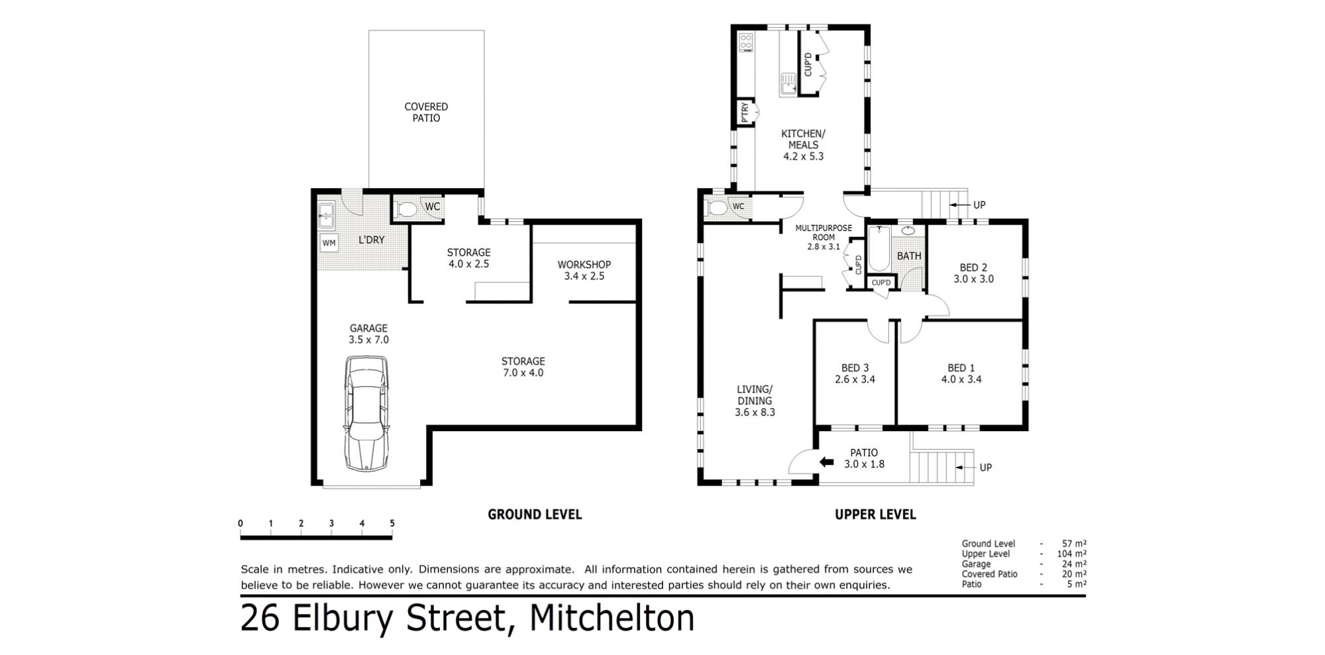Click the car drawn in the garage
pyautogui.click(x=366, y=413)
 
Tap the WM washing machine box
pyautogui.click(x=329, y=243)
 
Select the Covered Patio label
pyautogui.click(x=426, y=112)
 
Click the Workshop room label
pyautogui.click(x=584, y=264)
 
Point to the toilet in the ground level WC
pyautogui.click(x=405, y=210)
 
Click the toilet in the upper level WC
pyautogui.click(x=717, y=208)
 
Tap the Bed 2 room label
pyautogui.click(x=973, y=268)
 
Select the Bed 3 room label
pyautogui.click(x=855, y=368)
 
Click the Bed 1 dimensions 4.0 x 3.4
pyautogui.click(x=961, y=379)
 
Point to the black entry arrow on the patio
pyautogui.click(x=826, y=462)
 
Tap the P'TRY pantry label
pyautogui.click(x=745, y=112)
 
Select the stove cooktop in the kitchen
pyautogui.click(x=746, y=42)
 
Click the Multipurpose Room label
pyautogui.click(x=823, y=232)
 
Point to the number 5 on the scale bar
pyautogui.click(x=392, y=523)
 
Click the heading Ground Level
pyautogui.click(x=535, y=514)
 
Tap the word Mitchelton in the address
pyautogui.click(x=612, y=618)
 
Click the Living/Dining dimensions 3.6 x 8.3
pyautogui.click(x=755, y=412)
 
